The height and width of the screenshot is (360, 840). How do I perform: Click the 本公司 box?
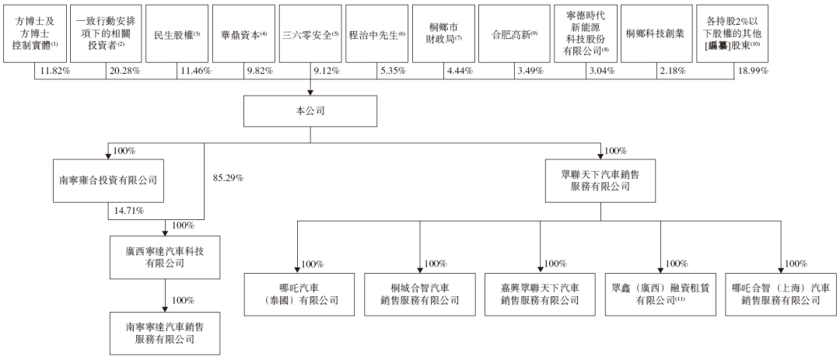(x=310, y=111)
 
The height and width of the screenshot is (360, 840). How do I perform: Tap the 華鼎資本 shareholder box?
(x=243, y=33)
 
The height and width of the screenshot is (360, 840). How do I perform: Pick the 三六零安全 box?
(x=310, y=33)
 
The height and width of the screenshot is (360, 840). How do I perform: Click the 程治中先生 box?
(x=376, y=33)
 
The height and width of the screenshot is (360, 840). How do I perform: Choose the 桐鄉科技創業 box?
(x=656, y=33)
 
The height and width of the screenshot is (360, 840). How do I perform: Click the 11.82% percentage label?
(x=51, y=71)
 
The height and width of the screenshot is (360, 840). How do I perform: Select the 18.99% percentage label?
(x=753, y=71)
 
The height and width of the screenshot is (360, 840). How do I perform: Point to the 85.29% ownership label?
(x=229, y=178)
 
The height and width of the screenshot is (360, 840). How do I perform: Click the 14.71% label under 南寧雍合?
(x=128, y=211)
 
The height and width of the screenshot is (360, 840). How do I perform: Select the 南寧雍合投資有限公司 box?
(x=108, y=180)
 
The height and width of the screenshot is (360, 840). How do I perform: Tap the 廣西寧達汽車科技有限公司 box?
(x=164, y=257)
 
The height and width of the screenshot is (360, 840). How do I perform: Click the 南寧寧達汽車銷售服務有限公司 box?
(x=164, y=333)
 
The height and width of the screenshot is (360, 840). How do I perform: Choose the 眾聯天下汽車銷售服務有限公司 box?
(x=600, y=180)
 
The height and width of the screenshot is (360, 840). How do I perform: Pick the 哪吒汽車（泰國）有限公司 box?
(x=299, y=294)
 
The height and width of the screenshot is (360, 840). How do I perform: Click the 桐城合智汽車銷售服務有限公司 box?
(x=419, y=294)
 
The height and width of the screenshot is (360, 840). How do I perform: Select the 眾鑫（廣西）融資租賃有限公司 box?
(x=660, y=294)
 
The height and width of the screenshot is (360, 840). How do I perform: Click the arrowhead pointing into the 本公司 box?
(x=310, y=93)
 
